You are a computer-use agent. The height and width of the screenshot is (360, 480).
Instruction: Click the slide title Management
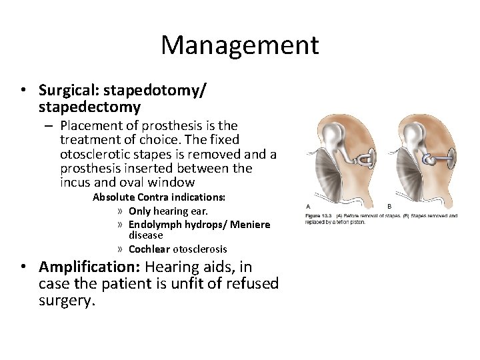tap(240, 45)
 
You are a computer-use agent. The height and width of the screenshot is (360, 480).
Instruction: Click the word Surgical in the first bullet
tap(67, 89)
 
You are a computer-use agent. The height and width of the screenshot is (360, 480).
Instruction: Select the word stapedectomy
tap(89, 107)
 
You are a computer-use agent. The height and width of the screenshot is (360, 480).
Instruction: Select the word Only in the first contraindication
tap(140, 211)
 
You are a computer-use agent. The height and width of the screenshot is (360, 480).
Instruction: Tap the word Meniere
tap(250, 225)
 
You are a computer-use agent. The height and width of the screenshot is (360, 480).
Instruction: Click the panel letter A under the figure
tap(307, 206)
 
